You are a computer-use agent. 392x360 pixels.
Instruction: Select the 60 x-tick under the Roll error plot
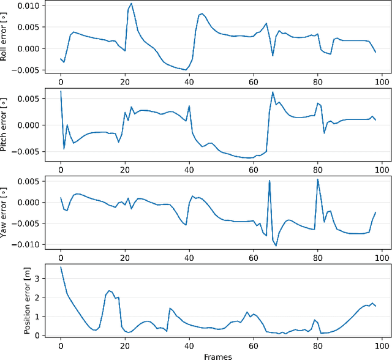pos(253,81)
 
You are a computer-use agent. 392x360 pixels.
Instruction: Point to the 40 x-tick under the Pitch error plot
pos(189,169)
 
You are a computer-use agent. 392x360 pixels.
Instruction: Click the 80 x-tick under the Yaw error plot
pos(317,257)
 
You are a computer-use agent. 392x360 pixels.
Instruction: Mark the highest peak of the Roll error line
pos(131,3)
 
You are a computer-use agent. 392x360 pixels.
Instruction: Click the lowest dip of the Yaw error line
pos(276,246)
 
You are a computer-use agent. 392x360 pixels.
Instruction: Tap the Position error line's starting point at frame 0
pos(61,267)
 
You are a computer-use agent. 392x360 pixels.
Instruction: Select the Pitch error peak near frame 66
pos(273,92)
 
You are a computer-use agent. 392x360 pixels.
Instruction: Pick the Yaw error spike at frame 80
pos(317,179)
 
